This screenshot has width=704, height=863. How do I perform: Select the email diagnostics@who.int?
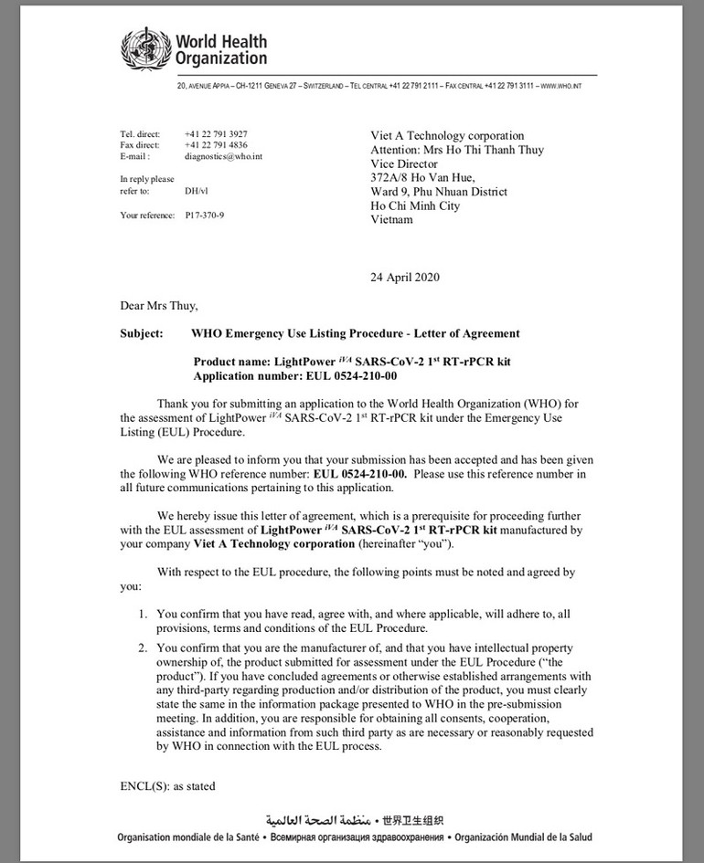click(224, 156)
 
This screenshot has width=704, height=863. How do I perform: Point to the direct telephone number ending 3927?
click(216, 134)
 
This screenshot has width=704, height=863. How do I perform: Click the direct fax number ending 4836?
click(216, 145)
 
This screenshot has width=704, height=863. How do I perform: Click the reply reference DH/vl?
click(195, 192)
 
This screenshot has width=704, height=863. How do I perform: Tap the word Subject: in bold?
click(143, 333)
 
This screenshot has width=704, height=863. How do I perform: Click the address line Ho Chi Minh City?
click(414, 205)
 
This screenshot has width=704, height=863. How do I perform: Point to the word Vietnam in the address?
click(392, 220)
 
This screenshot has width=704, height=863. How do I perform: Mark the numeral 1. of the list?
click(143, 612)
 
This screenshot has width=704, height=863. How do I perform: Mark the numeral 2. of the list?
click(143, 648)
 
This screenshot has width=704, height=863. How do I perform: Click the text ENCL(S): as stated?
click(167, 785)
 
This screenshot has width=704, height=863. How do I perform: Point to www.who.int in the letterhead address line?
click(561, 86)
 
